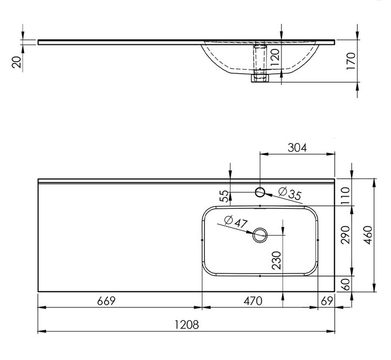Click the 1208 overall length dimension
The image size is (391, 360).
click(x=187, y=325)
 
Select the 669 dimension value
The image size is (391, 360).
click(x=106, y=301)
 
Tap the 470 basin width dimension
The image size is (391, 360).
click(x=253, y=301)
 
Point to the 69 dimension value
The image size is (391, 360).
click(x=327, y=301)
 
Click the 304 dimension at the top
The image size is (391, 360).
click(x=297, y=147)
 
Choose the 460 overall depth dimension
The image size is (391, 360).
click(x=368, y=235)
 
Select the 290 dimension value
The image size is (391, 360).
click(x=346, y=235)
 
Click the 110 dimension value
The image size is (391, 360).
click(x=346, y=196)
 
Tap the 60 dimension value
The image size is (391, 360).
click(x=346, y=284)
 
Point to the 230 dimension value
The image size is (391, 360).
click(x=277, y=260)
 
